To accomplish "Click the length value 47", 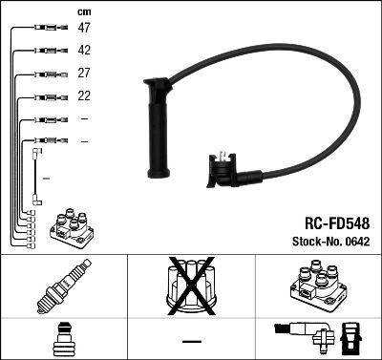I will tap(84, 29).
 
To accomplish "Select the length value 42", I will tap(84, 51).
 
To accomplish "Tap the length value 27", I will tap(84, 74).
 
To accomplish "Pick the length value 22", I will tap(84, 96).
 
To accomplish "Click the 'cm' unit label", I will tap(83, 11).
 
